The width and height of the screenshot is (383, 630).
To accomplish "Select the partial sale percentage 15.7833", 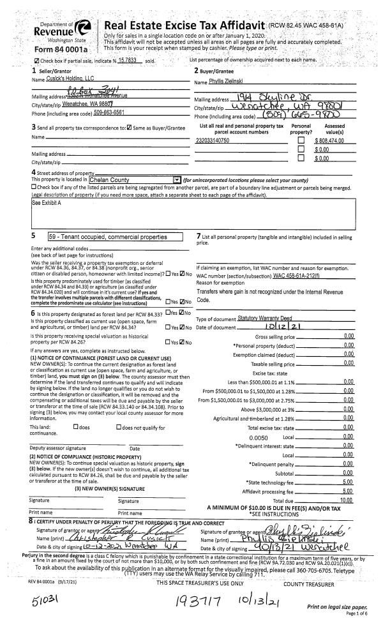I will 129,61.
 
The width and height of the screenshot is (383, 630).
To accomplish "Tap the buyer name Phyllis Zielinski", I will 230,82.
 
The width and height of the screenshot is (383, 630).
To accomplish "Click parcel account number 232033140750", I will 214,139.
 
